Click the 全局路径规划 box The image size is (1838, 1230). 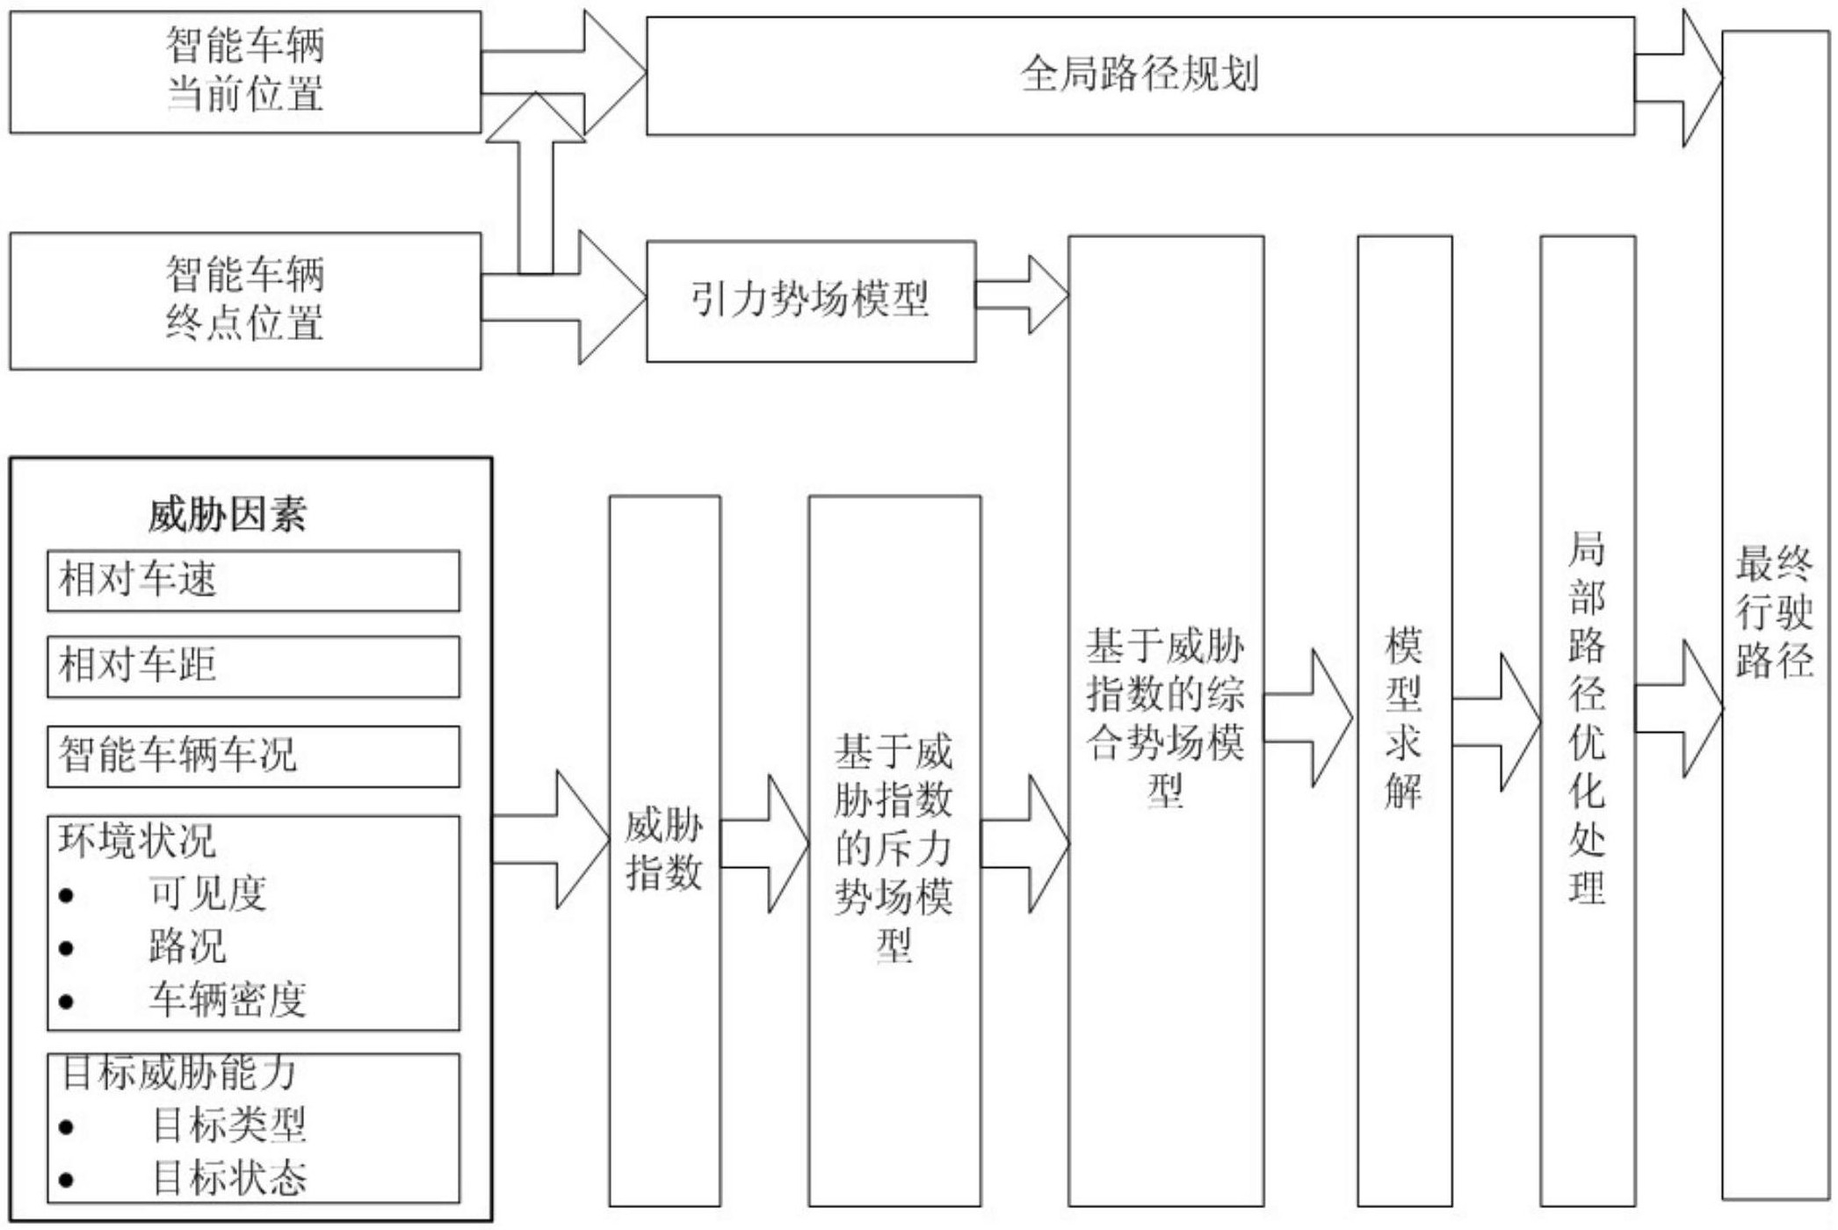point(1140,75)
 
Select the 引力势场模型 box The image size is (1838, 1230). point(810,300)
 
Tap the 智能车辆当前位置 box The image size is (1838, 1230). point(245,71)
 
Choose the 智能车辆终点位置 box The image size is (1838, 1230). point(245,300)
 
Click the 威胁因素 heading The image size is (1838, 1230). point(228,515)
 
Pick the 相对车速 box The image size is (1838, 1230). point(253,581)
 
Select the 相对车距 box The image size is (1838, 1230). point(253,666)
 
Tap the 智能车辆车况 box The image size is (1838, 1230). point(253,756)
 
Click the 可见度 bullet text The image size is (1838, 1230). point(207,894)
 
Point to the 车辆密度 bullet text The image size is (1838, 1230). point(228,1000)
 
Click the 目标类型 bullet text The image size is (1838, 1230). point(229,1125)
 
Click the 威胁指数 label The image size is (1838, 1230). point(664,850)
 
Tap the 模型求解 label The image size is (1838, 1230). point(1403,718)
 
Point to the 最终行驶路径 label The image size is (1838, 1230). point(1774,611)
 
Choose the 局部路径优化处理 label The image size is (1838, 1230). point(1587,718)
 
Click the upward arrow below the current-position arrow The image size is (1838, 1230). point(536,184)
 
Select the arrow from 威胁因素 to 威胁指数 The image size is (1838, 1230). point(552,840)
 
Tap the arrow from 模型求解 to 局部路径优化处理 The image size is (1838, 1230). point(1496,722)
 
